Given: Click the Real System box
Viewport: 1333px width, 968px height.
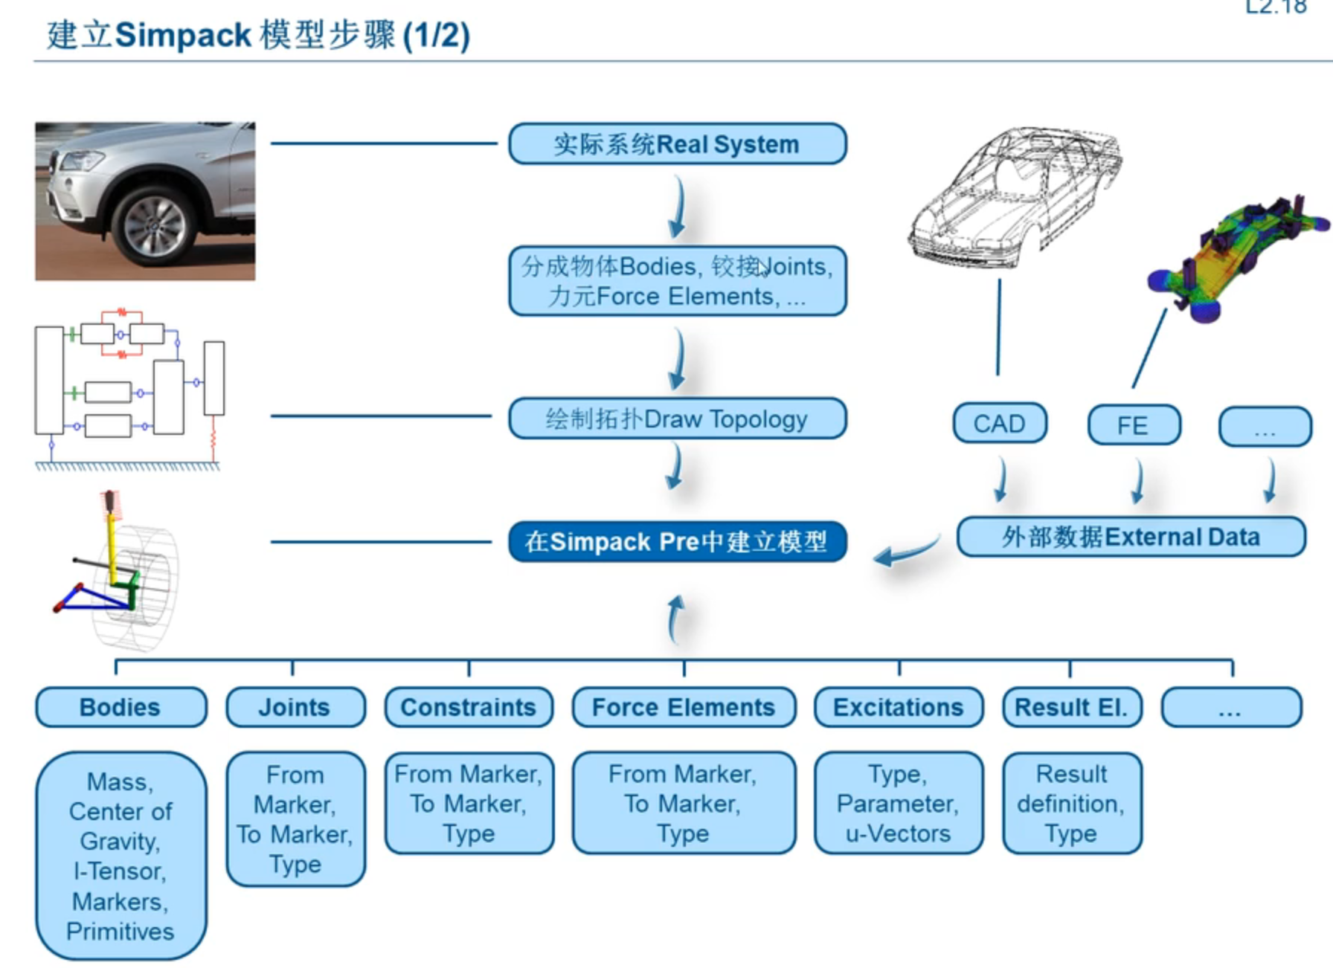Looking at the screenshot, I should click(677, 143).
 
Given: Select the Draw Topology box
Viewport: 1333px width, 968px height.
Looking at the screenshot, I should click(677, 419).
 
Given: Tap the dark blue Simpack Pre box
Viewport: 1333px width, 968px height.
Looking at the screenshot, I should click(677, 541).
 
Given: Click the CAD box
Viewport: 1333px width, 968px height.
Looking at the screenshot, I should click(999, 424).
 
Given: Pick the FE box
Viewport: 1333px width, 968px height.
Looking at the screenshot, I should click(1133, 425).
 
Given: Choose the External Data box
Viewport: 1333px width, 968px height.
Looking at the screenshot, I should click(1130, 537).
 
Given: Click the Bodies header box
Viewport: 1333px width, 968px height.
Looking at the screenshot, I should click(121, 707).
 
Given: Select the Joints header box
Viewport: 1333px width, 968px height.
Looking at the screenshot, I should click(295, 707).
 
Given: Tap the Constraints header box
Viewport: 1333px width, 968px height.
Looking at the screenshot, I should click(469, 707).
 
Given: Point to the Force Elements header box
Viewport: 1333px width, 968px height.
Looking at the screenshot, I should click(684, 707).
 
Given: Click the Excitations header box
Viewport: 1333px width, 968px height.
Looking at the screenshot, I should click(898, 707).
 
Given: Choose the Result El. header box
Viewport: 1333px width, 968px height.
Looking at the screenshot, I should click(1071, 707).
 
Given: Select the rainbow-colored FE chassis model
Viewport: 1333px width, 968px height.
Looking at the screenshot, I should click(1235, 256).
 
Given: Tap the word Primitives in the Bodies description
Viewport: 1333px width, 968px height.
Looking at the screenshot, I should click(121, 932).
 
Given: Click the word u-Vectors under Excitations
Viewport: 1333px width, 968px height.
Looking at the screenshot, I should click(898, 833).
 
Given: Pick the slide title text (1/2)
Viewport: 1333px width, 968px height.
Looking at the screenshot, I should click(436, 36).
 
